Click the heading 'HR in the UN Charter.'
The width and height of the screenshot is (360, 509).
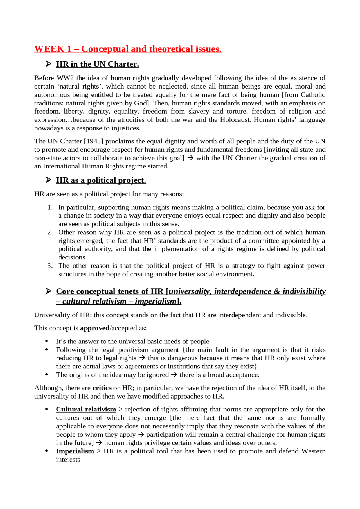click(97, 64)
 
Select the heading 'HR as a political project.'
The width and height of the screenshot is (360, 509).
click(101, 180)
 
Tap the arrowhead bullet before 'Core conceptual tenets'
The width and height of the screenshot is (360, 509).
click(48, 291)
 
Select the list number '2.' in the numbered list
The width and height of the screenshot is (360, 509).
click(50, 232)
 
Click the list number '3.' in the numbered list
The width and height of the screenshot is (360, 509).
click(50, 266)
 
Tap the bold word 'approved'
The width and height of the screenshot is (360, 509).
click(95, 328)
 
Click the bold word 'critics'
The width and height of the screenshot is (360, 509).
click(102, 388)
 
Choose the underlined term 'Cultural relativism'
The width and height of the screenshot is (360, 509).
click(86, 409)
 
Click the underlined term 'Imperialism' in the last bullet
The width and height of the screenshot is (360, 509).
click(75, 451)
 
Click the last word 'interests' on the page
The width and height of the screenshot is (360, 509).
click(68, 460)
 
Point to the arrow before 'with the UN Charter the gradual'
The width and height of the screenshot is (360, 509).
click(190, 158)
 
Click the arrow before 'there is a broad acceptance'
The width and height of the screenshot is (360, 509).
click(174, 375)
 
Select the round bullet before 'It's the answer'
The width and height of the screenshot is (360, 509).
click(47, 341)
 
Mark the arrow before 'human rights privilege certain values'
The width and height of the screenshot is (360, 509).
click(99, 443)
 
